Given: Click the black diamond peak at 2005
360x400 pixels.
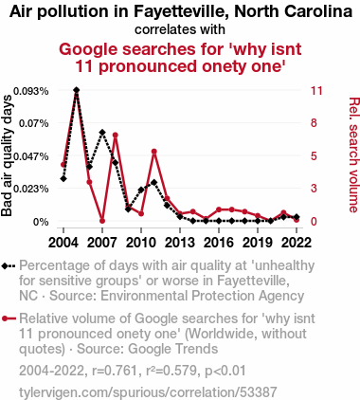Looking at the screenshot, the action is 76,90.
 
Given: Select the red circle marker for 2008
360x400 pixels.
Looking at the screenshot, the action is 116,135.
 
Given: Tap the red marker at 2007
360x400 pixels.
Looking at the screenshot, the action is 102,221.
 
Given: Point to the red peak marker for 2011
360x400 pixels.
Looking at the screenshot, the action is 154,152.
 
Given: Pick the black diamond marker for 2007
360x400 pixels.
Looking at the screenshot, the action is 102,132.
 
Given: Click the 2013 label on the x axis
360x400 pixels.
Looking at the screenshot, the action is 180,243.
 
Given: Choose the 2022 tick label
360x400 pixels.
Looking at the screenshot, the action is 297,243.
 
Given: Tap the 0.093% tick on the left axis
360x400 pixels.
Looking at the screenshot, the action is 31,91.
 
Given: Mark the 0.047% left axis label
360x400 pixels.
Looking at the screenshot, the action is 31,156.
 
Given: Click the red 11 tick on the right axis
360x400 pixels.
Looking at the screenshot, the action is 316,91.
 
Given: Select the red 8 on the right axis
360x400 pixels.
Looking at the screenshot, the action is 314,123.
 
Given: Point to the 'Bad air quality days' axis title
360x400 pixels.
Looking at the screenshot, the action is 7,155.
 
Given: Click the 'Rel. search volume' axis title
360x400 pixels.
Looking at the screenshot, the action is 353,155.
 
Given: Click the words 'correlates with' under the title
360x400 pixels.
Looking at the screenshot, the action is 180,29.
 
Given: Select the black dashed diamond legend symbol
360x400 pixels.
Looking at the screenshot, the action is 9,266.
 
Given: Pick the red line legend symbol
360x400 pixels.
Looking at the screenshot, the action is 9,318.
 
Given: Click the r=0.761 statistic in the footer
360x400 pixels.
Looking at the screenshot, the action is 115,371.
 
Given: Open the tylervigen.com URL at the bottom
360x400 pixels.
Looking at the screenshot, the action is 148,392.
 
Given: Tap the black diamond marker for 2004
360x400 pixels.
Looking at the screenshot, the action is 63,178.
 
